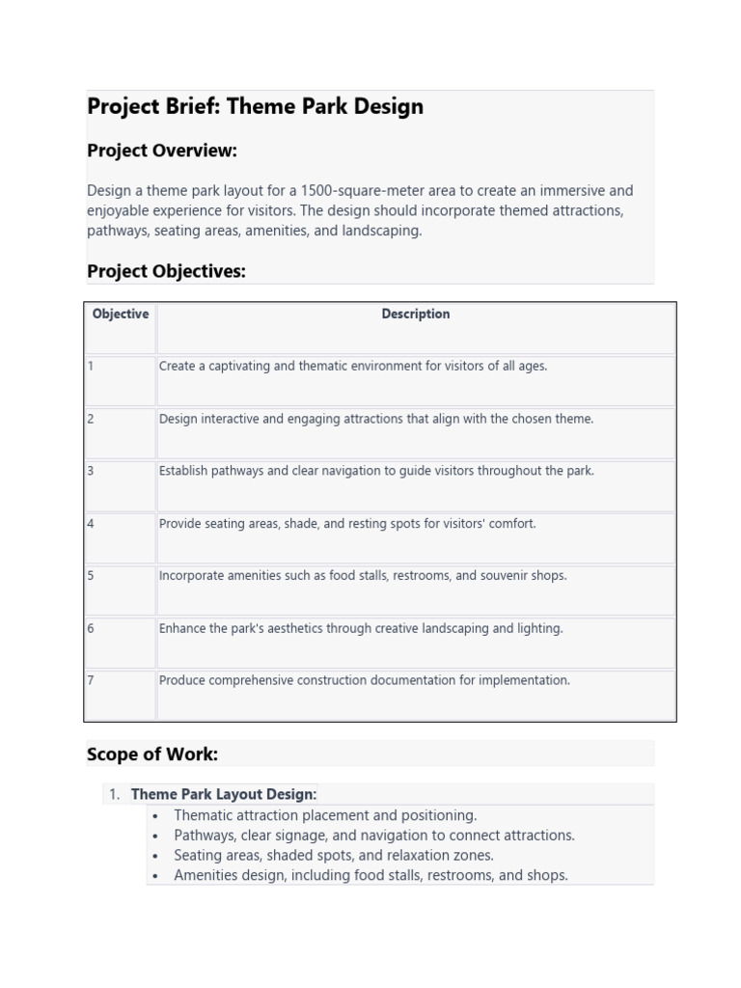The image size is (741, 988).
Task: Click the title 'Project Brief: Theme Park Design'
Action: pyautogui.click(x=255, y=106)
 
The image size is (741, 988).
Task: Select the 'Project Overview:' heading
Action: pyautogui.click(x=162, y=151)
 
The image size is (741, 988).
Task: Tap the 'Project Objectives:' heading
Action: pyautogui.click(x=166, y=271)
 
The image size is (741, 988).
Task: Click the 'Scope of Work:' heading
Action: pyautogui.click(x=152, y=754)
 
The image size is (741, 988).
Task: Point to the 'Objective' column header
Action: pyautogui.click(x=120, y=315)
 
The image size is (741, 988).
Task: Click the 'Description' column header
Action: pyautogui.click(x=415, y=315)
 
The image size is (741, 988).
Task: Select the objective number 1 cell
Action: pyautogui.click(x=91, y=367)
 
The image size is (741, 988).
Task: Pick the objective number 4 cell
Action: pyautogui.click(x=91, y=524)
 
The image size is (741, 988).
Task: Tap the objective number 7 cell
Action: pyautogui.click(x=91, y=680)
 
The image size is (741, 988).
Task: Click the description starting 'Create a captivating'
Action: pyautogui.click(x=352, y=367)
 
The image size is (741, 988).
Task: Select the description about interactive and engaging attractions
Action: pyautogui.click(x=376, y=419)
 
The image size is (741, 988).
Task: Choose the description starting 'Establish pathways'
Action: pyautogui.click(x=376, y=471)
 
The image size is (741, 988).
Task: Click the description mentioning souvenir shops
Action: pyautogui.click(x=363, y=576)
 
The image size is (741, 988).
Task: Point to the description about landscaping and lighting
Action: pyautogui.click(x=361, y=628)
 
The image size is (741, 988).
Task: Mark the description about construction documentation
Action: pyautogui.click(x=365, y=680)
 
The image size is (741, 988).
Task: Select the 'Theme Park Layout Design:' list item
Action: pyautogui.click(x=224, y=794)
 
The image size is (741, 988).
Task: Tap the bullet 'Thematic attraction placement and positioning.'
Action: pyautogui.click(x=325, y=815)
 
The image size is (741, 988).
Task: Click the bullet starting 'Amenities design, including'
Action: pyautogui.click(x=370, y=875)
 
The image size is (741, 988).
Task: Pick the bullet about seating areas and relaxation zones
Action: pyautogui.click(x=333, y=855)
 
